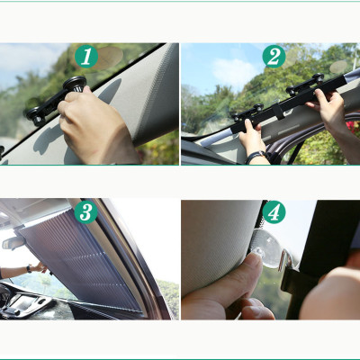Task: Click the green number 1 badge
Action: [x=86, y=57]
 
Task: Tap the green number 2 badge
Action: [x=274, y=56]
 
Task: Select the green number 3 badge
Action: [x=86, y=212]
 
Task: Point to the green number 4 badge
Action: [x=274, y=212]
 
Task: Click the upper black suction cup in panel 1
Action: [x=75, y=84]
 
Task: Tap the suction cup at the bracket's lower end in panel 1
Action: [x=35, y=116]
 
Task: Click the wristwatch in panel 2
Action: [x=256, y=157]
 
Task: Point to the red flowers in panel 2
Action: [x=353, y=125]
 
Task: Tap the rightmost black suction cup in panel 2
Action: [x=318, y=77]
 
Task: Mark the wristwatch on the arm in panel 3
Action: [x=29, y=268]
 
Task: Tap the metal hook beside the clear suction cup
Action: [x=285, y=260]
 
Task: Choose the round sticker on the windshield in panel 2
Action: [x=338, y=67]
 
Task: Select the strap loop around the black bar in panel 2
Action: [x=278, y=112]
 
